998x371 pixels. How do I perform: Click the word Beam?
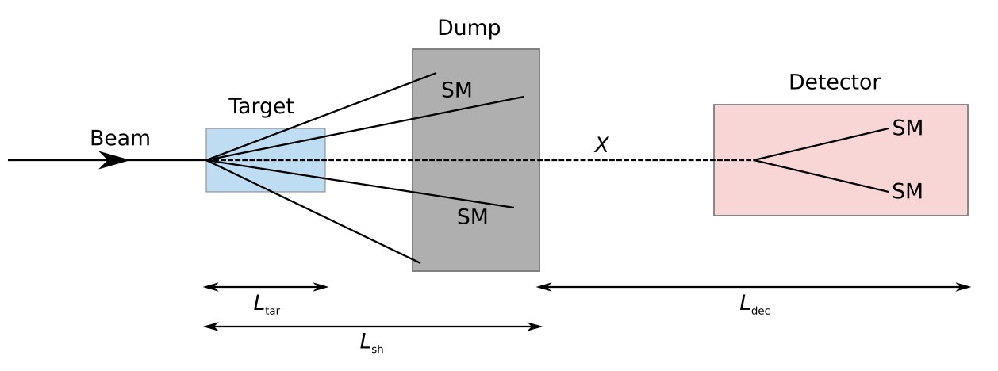[x=120, y=138]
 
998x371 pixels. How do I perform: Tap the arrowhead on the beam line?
[x=114, y=160]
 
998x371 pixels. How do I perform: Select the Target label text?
[x=261, y=106]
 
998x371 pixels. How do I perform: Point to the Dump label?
[x=469, y=29]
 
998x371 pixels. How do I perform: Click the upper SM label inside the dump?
[x=457, y=90]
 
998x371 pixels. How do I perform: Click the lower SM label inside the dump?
[x=472, y=217]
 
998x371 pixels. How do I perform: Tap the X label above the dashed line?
[x=601, y=145]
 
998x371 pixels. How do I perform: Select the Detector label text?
[x=834, y=82]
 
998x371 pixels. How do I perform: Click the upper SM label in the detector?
[x=908, y=128]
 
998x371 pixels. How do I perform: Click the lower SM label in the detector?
[x=908, y=191]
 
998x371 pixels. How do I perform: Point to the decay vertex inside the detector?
[x=754, y=160]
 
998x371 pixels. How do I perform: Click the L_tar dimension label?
[x=266, y=304]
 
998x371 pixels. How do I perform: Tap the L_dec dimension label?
[x=754, y=304]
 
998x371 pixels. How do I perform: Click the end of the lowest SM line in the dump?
[x=420, y=262]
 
